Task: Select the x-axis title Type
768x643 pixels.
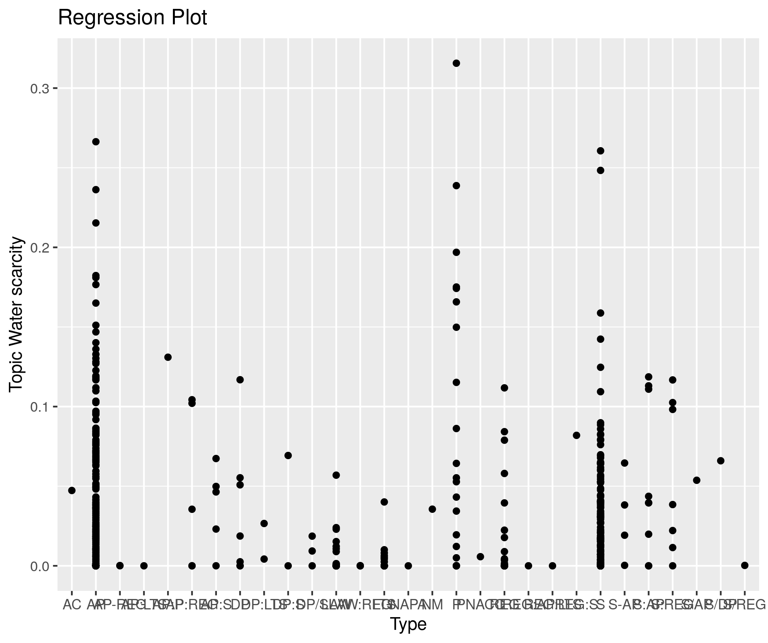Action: pyautogui.click(x=408, y=624)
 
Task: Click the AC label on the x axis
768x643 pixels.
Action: pyautogui.click(x=72, y=605)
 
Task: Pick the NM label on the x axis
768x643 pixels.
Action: pyautogui.click(x=433, y=605)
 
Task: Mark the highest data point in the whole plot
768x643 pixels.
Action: pyautogui.click(x=456, y=63)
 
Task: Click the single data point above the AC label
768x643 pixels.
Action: pyautogui.click(x=72, y=490)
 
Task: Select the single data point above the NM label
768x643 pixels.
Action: pyautogui.click(x=432, y=509)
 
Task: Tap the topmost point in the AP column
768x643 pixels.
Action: pyautogui.click(x=96, y=142)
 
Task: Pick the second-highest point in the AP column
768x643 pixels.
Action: pyautogui.click(x=96, y=190)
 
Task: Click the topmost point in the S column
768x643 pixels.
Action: pyautogui.click(x=601, y=151)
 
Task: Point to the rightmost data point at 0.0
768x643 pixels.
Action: pyautogui.click(x=745, y=565)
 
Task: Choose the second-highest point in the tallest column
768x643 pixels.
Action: pyautogui.click(x=456, y=186)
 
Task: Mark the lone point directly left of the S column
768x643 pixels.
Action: pyautogui.click(x=577, y=435)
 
